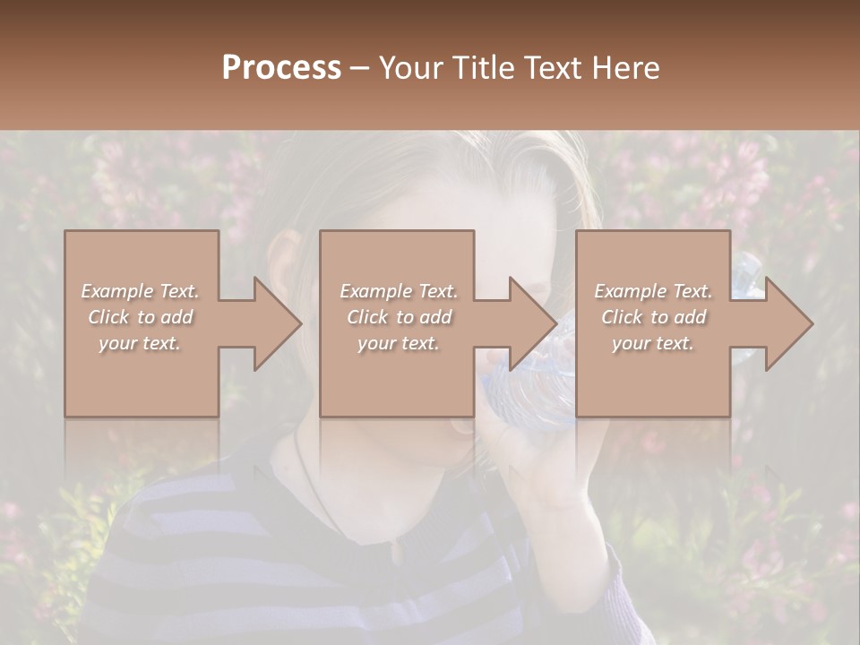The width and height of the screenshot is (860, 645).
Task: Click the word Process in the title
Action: pyautogui.click(x=281, y=67)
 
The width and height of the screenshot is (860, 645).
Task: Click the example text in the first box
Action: pyautogui.click(x=141, y=317)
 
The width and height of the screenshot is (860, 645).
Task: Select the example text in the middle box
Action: pyautogui.click(x=398, y=317)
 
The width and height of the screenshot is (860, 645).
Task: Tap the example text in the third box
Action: pyautogui.click(x=653, y=317)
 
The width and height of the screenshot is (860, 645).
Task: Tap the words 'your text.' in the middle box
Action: pyautogui.click(x=398, y=343)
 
